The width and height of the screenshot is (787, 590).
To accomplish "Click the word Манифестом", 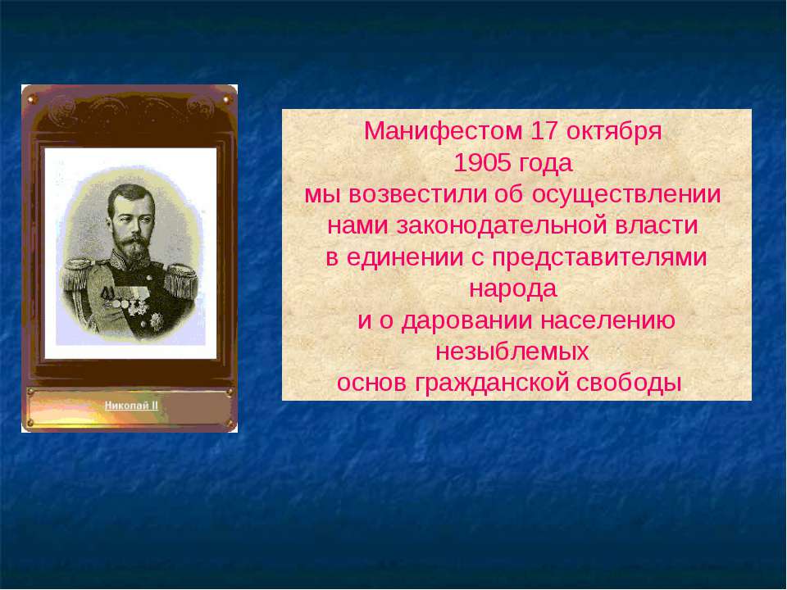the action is (x=436, y=131).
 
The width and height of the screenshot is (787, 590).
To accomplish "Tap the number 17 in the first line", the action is (x=544, y=131).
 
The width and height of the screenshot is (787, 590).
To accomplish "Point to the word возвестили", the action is (x=417, y=195).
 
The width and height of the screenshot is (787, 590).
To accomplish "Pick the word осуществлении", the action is (x=626, y=196).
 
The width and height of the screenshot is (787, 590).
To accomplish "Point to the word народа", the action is (x=513, y=289).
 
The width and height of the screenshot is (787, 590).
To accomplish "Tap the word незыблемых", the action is (x=512, y=352).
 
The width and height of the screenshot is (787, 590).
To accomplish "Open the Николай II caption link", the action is (x=131, y=406).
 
